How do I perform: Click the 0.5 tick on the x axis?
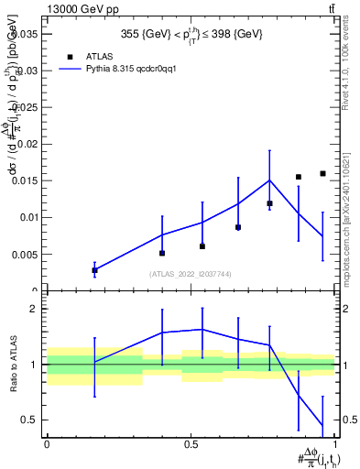[x=191, y=443]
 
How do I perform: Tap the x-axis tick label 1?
[x=336, y=443]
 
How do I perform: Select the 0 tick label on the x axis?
[x=47, y=443]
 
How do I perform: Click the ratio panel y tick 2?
[x=33, y=309]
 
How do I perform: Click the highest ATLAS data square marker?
[x=322, y=173]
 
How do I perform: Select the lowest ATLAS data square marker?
[x=94, y=269]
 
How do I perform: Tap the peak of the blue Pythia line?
[x=269, y=180]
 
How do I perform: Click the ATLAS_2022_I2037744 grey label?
[x=191, y=273]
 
